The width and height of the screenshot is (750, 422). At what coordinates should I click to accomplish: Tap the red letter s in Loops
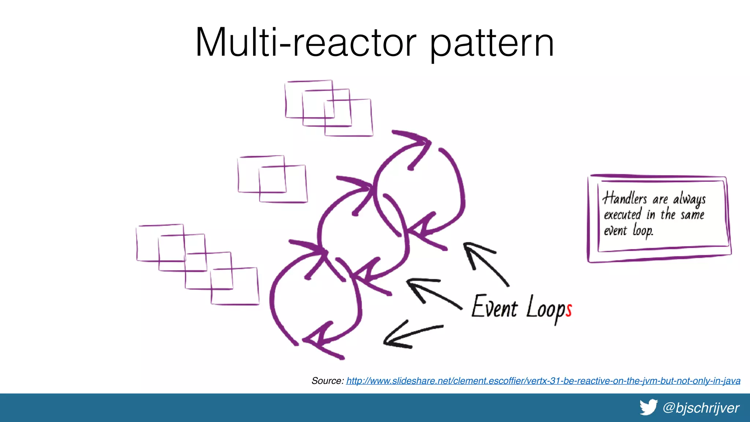568,310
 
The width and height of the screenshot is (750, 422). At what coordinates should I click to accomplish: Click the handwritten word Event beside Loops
494,307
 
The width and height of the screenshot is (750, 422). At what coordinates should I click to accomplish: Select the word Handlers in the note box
625,198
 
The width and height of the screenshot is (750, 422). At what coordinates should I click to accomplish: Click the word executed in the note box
622,214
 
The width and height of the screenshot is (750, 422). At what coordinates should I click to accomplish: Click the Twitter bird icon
649,407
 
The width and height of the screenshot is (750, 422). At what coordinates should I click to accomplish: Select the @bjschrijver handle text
701,408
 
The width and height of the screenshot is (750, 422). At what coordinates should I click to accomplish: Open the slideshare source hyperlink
543,381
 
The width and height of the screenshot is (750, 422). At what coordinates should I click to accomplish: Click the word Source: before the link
327,381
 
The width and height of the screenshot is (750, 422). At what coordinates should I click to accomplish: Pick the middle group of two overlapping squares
272,179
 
